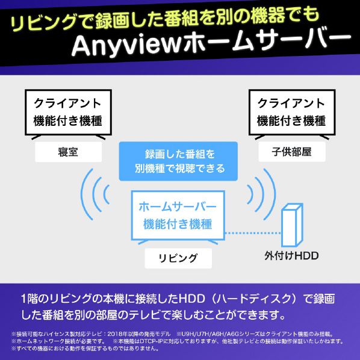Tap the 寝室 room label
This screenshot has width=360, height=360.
point(68,152)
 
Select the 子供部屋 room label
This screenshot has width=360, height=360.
point(292,152)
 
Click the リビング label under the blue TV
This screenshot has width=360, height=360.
point(178,258)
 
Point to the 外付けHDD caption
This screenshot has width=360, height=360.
point(291,255)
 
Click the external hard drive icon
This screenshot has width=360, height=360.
point(292,225)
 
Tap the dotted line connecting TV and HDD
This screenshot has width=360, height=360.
point(253,233)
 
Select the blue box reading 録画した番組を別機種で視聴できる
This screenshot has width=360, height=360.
point(178,161)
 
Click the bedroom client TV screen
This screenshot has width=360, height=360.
point(68,112)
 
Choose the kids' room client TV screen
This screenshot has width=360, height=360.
point(292,112)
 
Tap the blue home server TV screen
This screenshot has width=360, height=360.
point(178,216)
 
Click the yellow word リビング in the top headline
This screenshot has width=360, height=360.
point(43,22)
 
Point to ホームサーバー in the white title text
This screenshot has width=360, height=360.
point(267,42)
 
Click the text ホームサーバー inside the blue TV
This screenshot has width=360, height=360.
point(178,206)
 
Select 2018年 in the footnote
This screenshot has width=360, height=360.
point(117,334)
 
